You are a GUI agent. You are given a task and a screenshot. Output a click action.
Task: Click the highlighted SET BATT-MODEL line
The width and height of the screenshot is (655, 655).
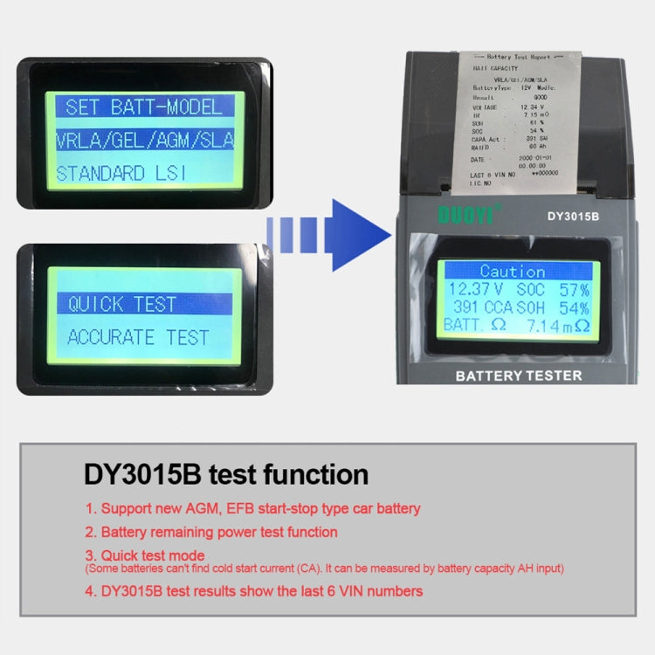pyautogui.click(x=145, y=107)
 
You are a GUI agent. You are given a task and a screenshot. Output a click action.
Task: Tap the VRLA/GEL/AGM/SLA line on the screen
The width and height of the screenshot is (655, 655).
pyautogui.click(x=145, y=140)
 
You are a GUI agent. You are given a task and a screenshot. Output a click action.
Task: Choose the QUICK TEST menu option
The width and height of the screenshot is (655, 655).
pyautogui.click(x=122, y=304)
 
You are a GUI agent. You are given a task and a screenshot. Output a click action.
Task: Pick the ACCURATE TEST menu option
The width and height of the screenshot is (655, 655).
pyautogui.click(x=138, y=337)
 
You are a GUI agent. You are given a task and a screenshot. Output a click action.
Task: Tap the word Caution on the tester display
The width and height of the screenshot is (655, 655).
pyautogui.click(x=513, y=271)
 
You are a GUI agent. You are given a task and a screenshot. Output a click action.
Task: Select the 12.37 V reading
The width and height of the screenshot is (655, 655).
pyautogui.click(x=475, y=288)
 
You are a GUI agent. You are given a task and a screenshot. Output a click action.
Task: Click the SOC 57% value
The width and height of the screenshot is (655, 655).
pyautogui.click(x=553, y=288)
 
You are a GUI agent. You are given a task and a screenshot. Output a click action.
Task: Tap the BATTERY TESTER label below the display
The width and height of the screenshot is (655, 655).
pyautogui.click(x=519, y=376)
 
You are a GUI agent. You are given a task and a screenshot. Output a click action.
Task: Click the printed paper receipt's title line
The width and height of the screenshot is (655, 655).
pyautogui.click(x=521, y=57)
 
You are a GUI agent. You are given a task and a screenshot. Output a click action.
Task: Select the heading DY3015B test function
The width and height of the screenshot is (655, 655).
pyautogui.click(x=226, y=474)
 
